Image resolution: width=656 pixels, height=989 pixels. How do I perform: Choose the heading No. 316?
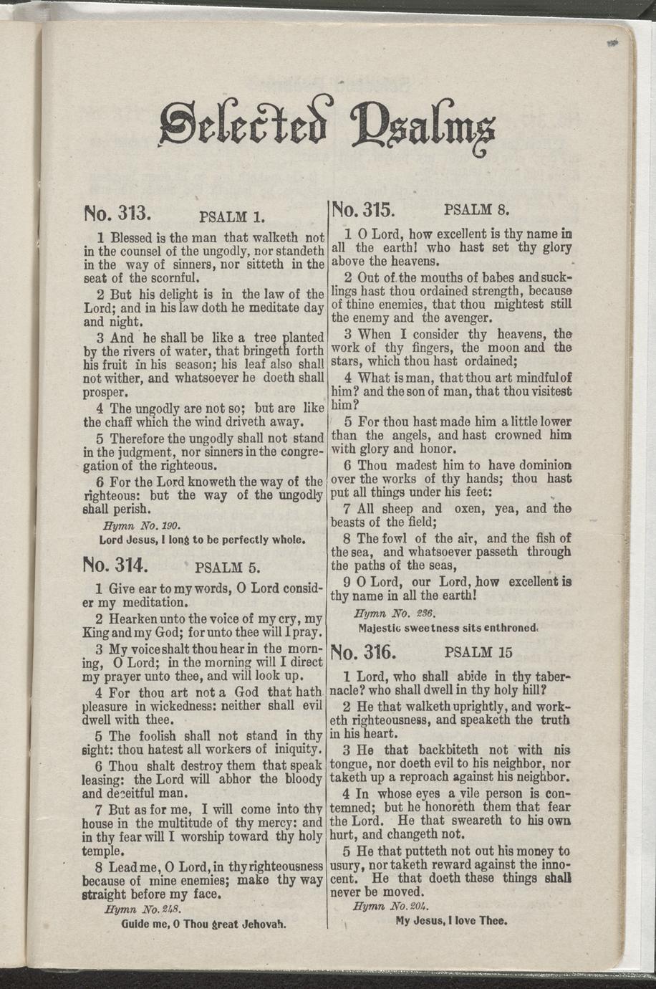[363, 651]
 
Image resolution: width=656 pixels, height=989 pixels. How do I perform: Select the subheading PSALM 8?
[476, 211]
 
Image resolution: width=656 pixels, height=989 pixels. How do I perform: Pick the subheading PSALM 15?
[478, 653]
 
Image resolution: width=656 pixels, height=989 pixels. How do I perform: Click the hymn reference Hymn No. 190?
[135, 524]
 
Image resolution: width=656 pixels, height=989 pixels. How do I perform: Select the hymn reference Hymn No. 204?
[395, 907]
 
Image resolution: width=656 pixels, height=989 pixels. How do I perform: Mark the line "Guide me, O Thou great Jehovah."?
[204, 924]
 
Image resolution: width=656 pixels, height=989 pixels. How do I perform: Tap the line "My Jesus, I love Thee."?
[451, 921]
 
